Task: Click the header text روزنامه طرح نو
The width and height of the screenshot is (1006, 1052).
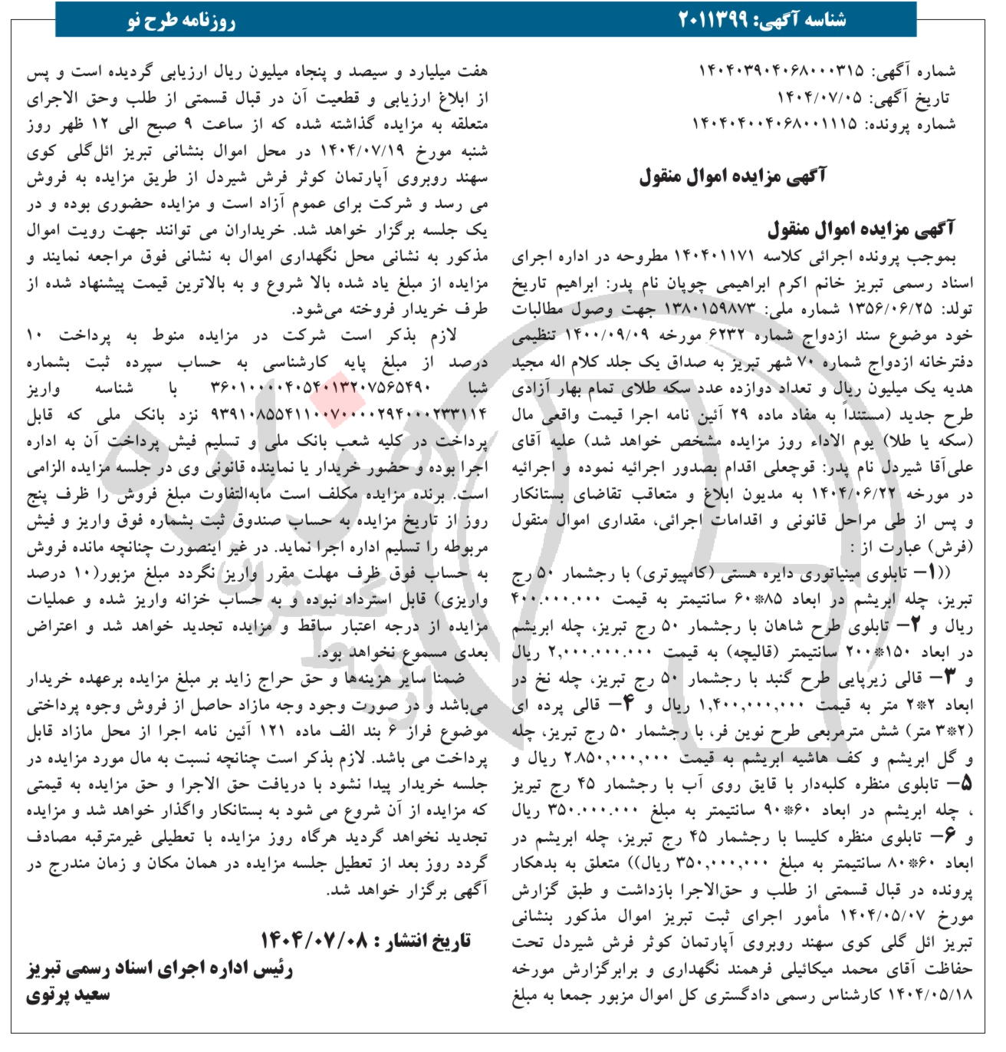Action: pos(182,21)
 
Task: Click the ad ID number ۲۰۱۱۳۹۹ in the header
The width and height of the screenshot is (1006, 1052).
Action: pos(724,21)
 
